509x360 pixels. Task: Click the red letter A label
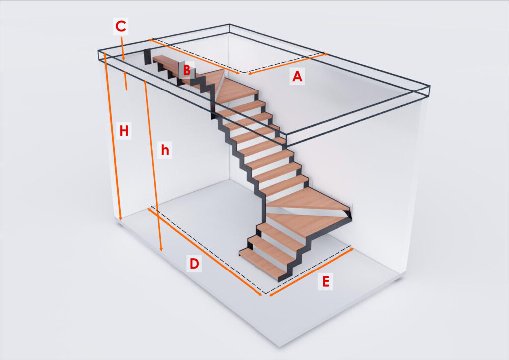(297, 76)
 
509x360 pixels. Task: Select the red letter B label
(187, 70)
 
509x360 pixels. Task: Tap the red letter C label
(121, 26)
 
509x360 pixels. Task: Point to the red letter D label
(194, 263)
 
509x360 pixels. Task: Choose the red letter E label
(325, 281)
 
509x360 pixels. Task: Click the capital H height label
(124, 131)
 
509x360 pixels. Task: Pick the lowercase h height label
(165, 150)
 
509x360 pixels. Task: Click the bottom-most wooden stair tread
(263, 263)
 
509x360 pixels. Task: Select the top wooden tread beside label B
(166, 62)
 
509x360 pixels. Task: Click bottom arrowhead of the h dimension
(161, 249)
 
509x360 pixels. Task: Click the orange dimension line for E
(312, 272)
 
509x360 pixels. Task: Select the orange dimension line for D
(205, 252)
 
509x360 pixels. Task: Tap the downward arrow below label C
(122, 48)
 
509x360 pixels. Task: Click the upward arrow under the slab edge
(126, 81)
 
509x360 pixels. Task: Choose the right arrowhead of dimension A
(325, 54)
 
